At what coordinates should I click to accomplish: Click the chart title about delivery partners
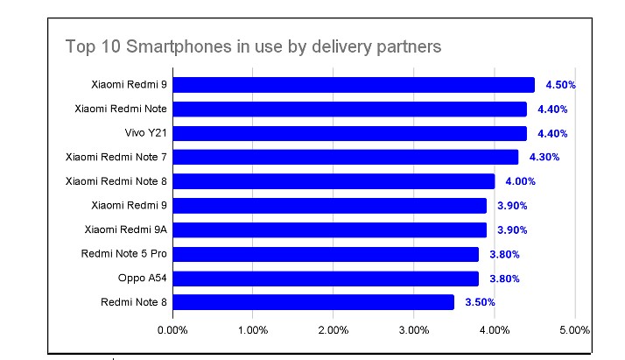pos(253,46)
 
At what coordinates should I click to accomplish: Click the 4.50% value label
pos(560,85)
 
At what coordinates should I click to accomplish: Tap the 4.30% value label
pos(544,157)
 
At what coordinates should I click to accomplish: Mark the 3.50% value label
pos(480,302)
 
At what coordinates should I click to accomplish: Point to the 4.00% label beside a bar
pos(520,181)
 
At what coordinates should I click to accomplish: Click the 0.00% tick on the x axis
pos(172,330)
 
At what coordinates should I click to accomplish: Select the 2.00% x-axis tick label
pos(334,330)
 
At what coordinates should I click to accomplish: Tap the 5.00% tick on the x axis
pos(574,330)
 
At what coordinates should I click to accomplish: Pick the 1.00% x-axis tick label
pos(253,330)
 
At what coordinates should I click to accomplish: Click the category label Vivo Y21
pos(146,133)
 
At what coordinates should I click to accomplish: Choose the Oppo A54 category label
pos(143,279)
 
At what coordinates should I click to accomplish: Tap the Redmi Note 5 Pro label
pos(124,254)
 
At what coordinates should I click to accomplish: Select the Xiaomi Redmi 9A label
pos(126,229)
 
